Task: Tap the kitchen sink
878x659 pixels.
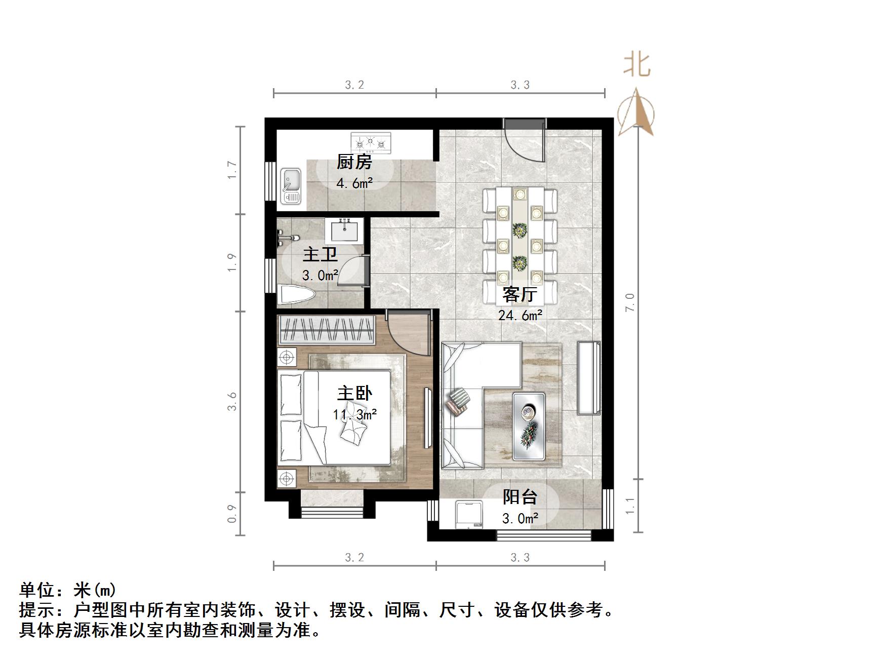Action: (291, 186)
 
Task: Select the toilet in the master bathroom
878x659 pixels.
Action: (297, 295)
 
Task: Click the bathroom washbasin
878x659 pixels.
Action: (344, 230)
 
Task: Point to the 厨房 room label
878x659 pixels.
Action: (354, 162)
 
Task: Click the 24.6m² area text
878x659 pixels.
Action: (520, 316)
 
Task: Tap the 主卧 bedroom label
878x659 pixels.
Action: (354, 394)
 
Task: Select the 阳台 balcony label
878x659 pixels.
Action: (520, 497)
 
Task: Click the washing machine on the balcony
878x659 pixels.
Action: (469, 515)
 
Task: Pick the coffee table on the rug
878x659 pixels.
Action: (529, 425)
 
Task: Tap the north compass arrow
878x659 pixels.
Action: (636, 113)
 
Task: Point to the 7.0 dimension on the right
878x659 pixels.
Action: (629, 302)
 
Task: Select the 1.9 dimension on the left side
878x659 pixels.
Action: (232, 262)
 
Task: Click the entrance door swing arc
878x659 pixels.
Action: (524, 144)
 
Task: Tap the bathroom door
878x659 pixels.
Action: (352, 271)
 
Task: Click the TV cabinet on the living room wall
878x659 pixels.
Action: (588, 378)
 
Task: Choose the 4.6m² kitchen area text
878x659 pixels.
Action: (354, 183)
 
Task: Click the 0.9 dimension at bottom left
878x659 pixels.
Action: (232, 513)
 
